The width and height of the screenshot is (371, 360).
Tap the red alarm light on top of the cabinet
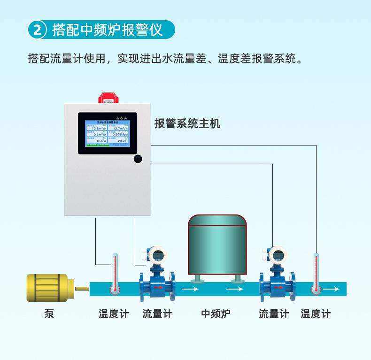coord(109,97)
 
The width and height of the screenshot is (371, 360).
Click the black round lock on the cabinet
coord(138,159)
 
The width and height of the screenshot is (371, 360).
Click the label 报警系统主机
coord(187,124)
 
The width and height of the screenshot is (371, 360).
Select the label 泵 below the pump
coord(49,314)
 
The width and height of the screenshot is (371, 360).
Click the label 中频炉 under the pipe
coord(216,314)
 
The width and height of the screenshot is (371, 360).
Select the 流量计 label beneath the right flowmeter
coord(274,314)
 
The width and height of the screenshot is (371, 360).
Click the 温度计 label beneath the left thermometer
coord(113,314)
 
